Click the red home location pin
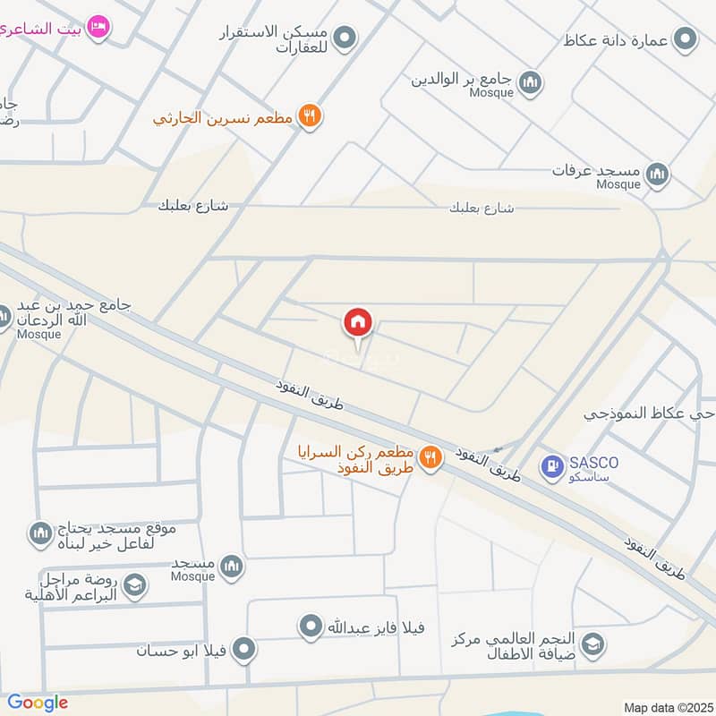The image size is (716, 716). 358,322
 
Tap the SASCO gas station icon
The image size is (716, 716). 552,465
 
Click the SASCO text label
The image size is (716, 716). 592,463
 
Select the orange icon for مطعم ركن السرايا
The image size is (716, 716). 430,457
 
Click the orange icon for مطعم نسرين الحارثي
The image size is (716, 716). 310,116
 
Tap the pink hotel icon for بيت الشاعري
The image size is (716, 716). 99,28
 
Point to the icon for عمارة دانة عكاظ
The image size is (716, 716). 686,39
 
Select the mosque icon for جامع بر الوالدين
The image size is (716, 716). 531,82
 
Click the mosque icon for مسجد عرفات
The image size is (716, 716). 657,173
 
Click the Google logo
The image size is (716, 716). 38,703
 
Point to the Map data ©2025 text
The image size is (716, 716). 667,707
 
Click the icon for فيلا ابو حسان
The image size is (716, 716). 243,651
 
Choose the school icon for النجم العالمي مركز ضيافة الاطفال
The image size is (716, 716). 592,644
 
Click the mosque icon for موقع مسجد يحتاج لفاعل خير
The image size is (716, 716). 40,534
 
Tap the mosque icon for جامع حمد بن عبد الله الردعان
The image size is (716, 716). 4,316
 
